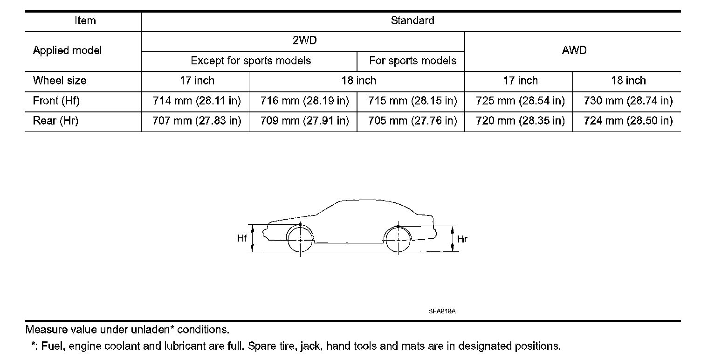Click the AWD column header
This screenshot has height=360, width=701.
[x=574, y=51]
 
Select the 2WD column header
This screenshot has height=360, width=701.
[x=304, y=41]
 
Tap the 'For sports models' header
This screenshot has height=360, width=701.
[x=412, y=61]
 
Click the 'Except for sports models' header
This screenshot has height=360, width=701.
[x=251, y=61]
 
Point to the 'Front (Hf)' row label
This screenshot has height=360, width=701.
[x=56, y=101]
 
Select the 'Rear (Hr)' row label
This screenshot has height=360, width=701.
[x=55, y=121]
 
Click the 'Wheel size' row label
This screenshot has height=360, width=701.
[x=59, y=81]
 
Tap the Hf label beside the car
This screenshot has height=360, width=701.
[x=241, y=239]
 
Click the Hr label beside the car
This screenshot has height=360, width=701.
[x=462, y=239]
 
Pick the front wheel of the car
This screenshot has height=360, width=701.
[x=300, y=240]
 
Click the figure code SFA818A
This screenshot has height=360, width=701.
[x=441, y=311]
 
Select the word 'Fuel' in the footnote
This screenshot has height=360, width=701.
[x=51, y=346]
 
